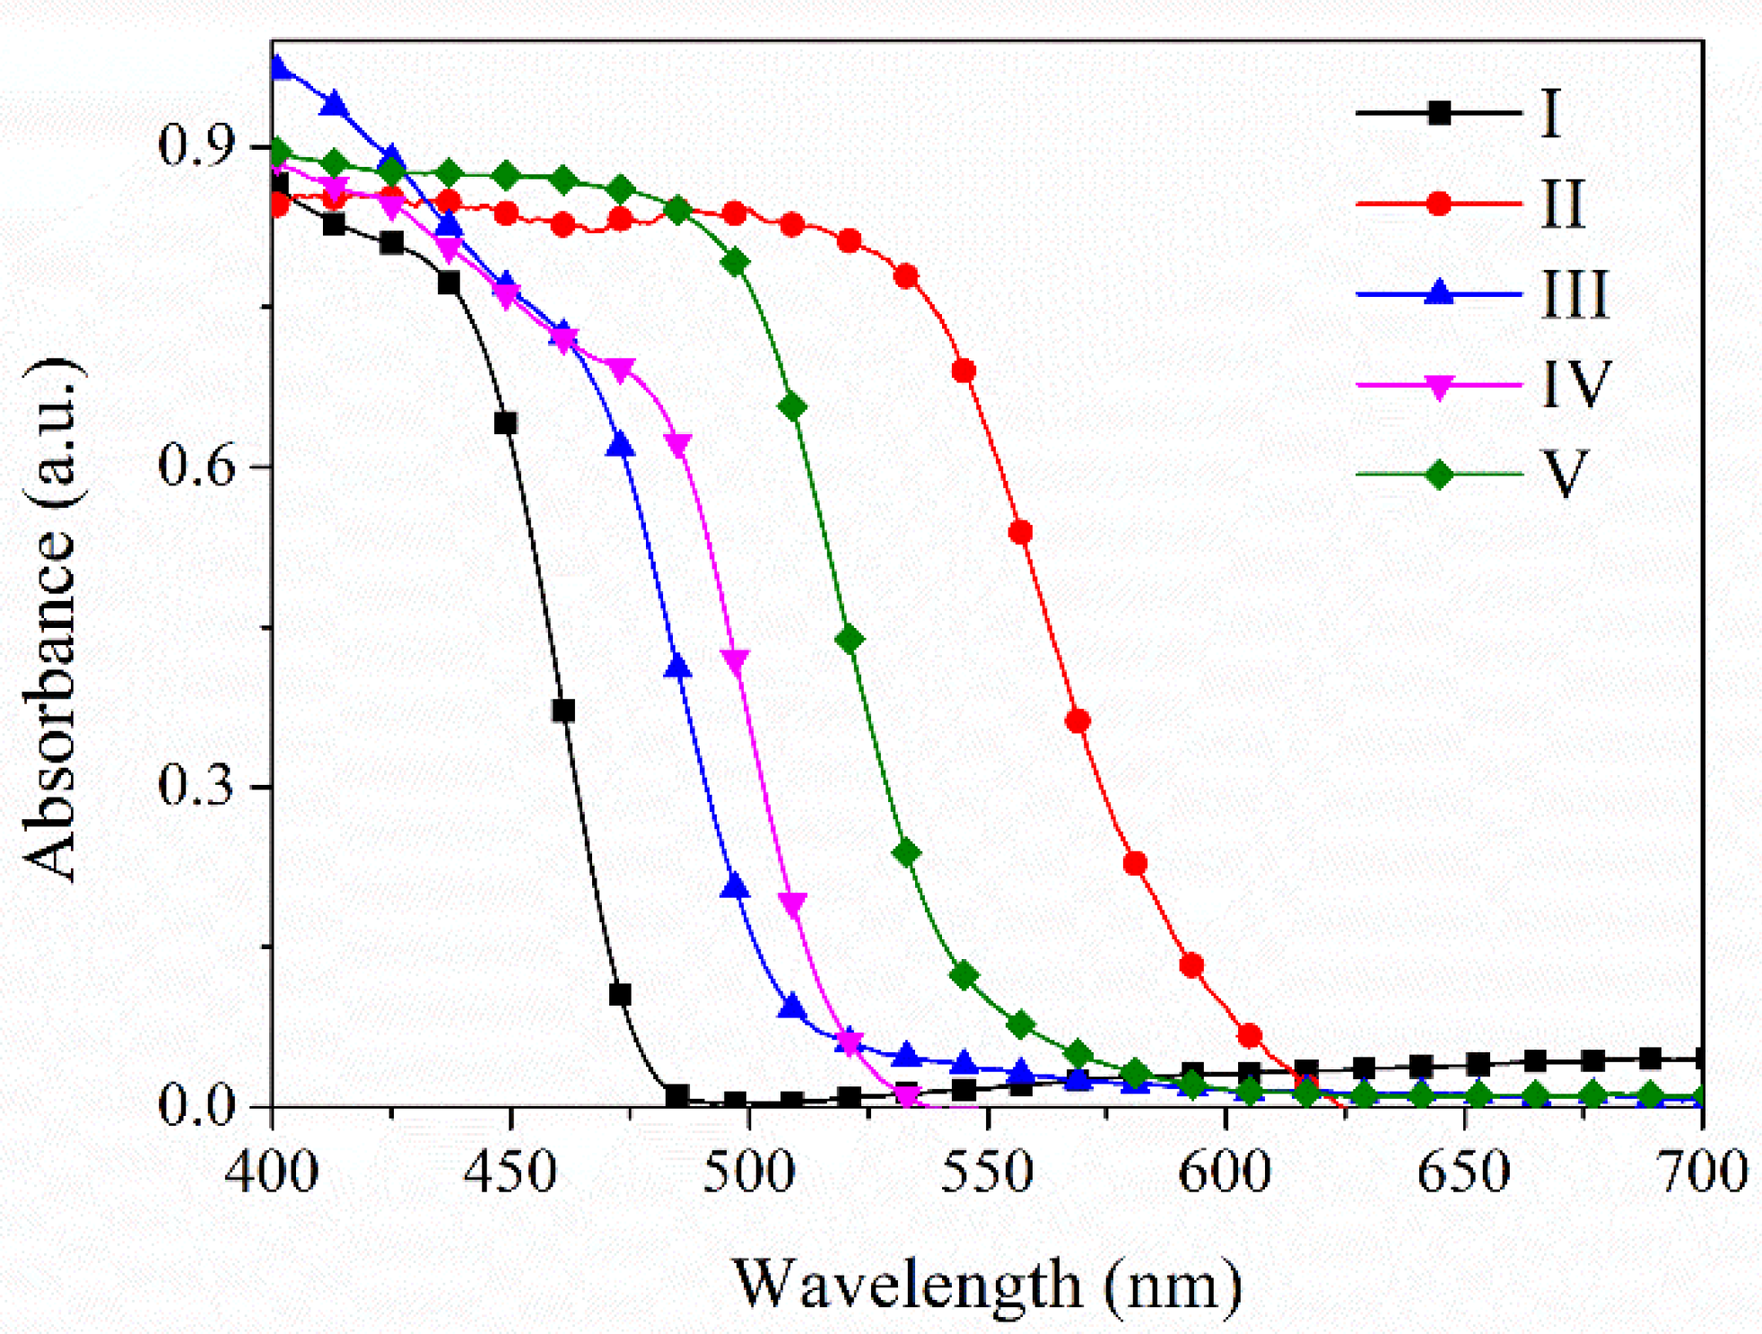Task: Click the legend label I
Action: point(1550,114)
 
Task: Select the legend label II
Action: point(1562,205)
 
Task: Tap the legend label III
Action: point(1574,294)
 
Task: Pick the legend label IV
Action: point(1576,384)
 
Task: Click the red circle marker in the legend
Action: point(1438,204)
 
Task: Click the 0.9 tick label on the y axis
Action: point(196,145)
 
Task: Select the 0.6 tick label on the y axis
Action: point(196,466)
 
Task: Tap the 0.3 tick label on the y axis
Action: point(196,785)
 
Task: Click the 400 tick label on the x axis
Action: point(272,1172)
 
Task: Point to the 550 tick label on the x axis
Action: point(987,1172)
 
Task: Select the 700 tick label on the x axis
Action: point(1701,1172)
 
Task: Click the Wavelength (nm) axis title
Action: point(987,1284)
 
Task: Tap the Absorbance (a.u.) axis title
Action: point(52,619)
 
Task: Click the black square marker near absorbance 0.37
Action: point(563,711)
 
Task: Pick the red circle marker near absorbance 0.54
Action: point(1020,532)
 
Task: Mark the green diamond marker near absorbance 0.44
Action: point(849,639)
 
